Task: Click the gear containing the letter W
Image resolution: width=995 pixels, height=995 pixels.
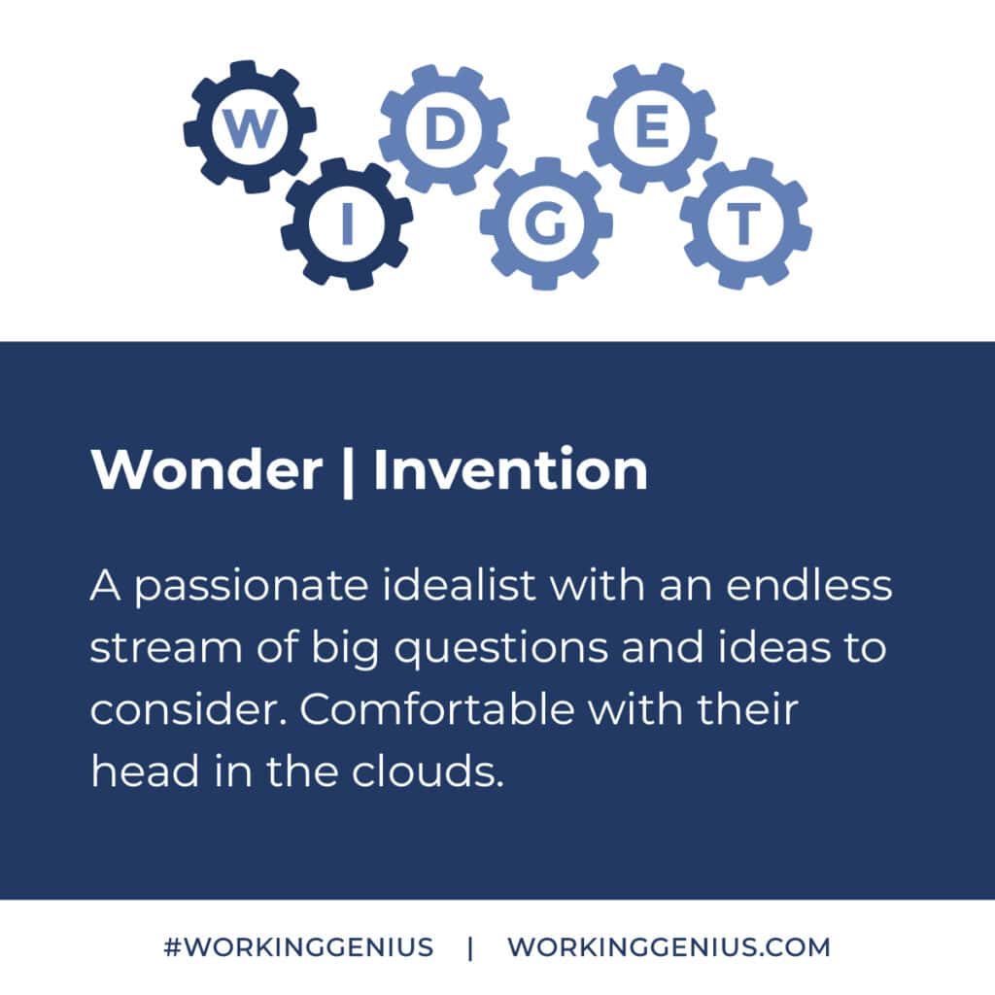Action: pos(250,128)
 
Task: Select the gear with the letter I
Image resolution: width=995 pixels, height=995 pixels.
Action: pos(346,224)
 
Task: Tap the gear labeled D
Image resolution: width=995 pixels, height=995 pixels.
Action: pos(443,129)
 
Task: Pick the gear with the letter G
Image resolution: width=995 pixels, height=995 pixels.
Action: pos(545,224)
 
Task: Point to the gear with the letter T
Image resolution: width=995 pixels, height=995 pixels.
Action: pos(744,224)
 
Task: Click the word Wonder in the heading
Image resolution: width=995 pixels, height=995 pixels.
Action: pos(206,470)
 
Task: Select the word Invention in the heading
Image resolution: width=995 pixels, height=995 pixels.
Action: pos(510,470)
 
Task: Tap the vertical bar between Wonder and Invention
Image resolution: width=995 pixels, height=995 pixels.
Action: pos(347,472)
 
